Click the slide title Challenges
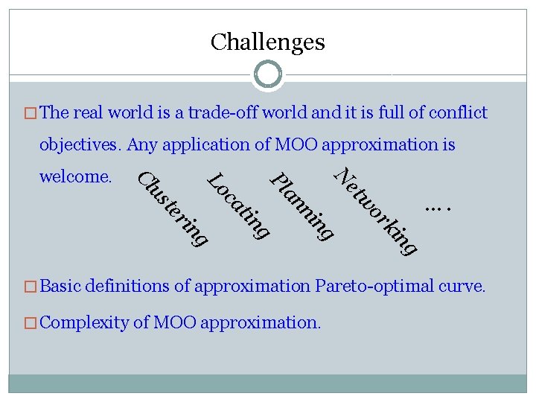pos(267,42)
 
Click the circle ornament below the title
pos(268,74)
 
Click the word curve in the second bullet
pos(465,285)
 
